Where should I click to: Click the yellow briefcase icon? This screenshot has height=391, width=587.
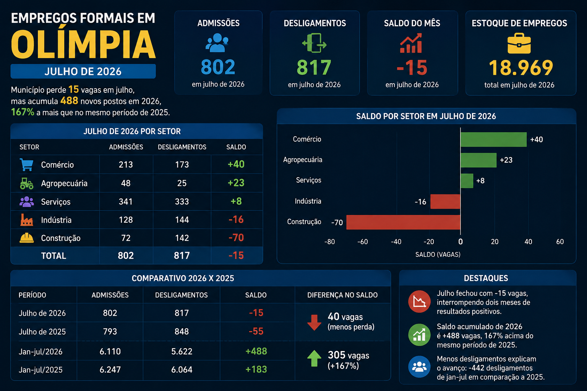(x=519, y=43)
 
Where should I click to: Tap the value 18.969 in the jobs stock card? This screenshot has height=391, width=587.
(x=521, y=68)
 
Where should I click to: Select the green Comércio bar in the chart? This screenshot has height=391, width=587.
(x=493, y=139)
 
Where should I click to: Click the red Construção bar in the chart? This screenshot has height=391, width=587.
(x=403, y=222)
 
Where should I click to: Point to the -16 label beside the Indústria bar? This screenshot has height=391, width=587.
(x=420, y=202)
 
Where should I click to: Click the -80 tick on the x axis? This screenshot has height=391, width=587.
(x=329, y=241)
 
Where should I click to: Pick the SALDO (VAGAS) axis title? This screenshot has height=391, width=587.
(x=438, y=254)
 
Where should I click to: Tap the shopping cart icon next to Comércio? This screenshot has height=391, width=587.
(x=26, y=165)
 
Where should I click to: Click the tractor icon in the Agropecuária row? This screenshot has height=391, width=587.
(x=26, y=183)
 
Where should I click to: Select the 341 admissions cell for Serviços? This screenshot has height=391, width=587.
(x=126, y=201)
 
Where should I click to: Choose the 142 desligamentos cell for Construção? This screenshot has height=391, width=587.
(x=182, y=238)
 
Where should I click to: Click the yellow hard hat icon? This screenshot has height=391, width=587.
(x=26, y=238)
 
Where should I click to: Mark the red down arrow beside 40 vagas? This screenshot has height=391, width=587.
(x=314, y=322)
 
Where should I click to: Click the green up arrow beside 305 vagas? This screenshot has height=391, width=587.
(x=314, y=358)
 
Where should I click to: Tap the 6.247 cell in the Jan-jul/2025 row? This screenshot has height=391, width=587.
(x=110, y=370)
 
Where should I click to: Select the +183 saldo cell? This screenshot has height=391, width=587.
(x=256, y=369)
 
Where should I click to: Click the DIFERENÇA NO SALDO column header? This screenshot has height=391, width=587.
(x=342, y=295)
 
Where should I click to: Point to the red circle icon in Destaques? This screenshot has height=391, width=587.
(x=419, y=302)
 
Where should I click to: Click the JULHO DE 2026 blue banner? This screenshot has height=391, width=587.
(x=83, y=71)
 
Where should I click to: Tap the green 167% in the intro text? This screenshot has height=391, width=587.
(x=23, y=112)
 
